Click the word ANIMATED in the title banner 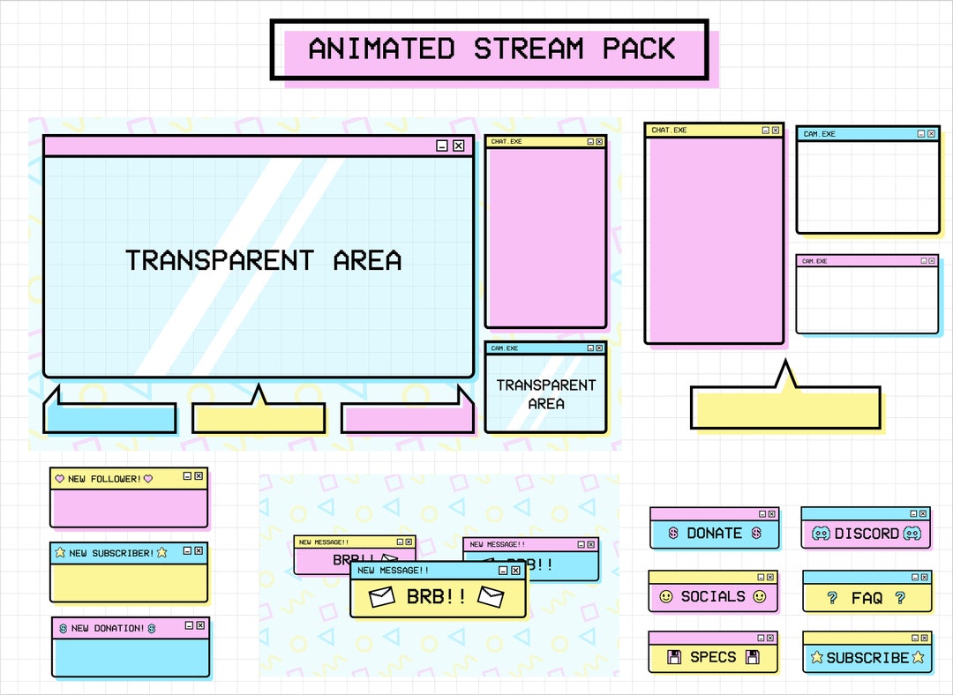click(x=381, y=49)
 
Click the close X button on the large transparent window click(x=458, y=146)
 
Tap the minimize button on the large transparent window click(x=442, y=146)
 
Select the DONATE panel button click(x=714, y=534)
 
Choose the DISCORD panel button click(x=866, y=534)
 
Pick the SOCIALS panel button click(x=713, y=596)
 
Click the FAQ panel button click(x=867, y=598)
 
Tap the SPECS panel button click(x=713, y=657)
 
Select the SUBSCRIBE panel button click(x=867, y=657)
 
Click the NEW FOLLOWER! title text click(x=104, y=479)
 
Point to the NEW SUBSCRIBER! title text click(x=111, y=553)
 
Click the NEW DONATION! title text click(x=108, y=628)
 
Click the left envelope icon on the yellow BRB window click(x=382, y=597)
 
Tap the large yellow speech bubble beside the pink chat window click(x=785, y=407)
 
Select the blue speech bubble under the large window click(x=110, y=417)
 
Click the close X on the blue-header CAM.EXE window click(x=931, y=133)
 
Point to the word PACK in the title click(x=640, y=49)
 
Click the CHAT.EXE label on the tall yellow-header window click(x=669, y=131)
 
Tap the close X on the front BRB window click(x=516, y=571)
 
